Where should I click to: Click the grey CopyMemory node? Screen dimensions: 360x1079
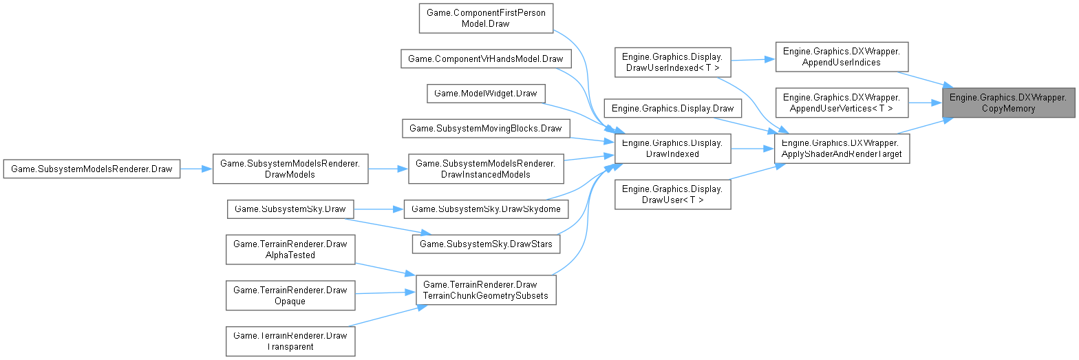tap(1007, 103)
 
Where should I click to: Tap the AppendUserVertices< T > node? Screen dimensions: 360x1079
tap(842, 103)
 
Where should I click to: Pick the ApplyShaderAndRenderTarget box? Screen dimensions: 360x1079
tap(842, 148)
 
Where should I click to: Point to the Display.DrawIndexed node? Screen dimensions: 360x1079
tap(671, 148)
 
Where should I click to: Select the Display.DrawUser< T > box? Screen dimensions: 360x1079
tap(671, 194)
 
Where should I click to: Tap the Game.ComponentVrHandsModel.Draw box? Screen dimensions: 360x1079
tap(486, 59)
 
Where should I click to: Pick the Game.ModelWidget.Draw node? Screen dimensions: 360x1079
tap(486, 93)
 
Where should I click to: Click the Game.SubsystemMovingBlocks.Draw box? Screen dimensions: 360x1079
tap(486, 127)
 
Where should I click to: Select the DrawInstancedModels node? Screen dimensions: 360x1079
tap(486, 169)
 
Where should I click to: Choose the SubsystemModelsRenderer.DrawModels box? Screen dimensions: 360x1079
tap(290, 169)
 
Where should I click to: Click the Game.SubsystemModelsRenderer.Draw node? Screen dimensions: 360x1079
tap(92, 169)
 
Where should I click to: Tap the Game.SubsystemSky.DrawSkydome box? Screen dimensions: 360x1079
tap(486, 208)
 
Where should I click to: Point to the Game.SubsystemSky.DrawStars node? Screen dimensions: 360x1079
tap(486, 243)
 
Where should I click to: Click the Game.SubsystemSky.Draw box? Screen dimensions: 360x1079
tap(290, 208)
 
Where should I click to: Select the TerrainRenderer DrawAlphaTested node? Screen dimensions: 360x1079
tap(290, 249)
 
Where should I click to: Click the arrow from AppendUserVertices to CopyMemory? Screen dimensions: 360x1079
tap(926, 103)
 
